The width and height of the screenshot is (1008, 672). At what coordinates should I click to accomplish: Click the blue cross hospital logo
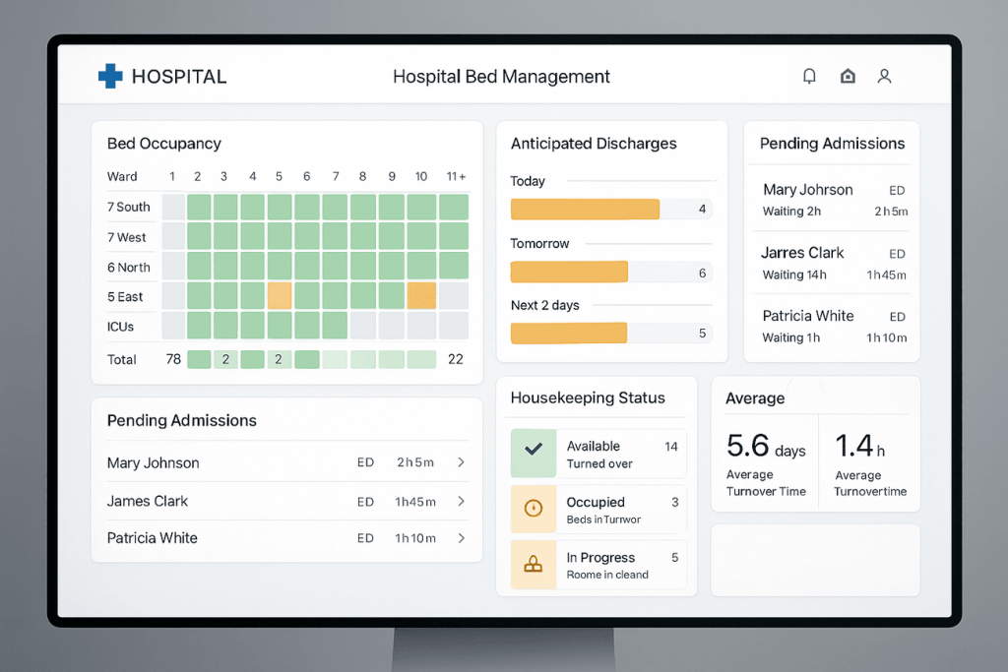pos(110,76)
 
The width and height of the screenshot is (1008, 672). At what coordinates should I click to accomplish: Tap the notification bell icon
pos(809,76)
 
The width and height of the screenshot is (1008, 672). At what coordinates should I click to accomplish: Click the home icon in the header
pos(848,76)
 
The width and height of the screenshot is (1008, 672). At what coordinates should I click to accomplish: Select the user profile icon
pos(884,76)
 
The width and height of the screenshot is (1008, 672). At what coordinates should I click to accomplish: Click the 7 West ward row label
pos(126,237)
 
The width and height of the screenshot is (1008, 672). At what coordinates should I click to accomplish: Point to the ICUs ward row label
pos(121,327)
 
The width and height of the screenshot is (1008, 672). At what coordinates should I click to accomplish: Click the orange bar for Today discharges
pos(585,209)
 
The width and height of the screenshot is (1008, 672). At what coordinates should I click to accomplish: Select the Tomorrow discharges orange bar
pos(569,272)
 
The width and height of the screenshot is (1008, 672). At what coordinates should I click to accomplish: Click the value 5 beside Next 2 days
pos(702,334)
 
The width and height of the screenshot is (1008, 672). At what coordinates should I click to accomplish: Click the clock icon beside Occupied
pos(534,509)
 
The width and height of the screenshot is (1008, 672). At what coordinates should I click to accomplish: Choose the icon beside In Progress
pos(534,565)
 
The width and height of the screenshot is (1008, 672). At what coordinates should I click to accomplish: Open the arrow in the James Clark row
pos(461,501)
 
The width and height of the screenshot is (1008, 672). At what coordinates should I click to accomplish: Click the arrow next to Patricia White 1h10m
pos(461,538)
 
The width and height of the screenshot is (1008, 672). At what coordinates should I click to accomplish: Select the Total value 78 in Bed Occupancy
pos(173,359)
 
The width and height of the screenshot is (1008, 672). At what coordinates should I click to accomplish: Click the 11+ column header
pos(456,177)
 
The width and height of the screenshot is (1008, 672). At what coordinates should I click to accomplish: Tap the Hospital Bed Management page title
pos(501,77)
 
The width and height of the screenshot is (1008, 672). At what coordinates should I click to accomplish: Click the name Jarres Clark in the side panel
pos(802,253)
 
